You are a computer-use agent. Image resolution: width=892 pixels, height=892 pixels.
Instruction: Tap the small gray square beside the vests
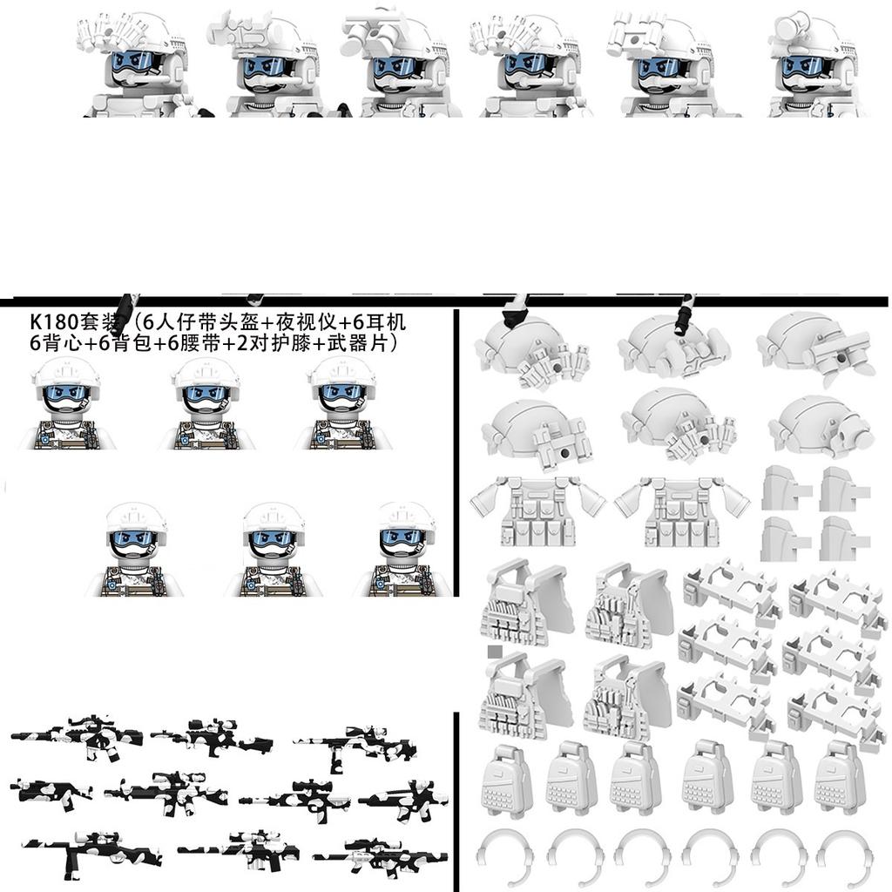495,651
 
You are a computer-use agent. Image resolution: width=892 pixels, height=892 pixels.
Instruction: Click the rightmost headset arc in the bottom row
842,857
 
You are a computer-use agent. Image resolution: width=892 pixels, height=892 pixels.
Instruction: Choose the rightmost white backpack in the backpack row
840,778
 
